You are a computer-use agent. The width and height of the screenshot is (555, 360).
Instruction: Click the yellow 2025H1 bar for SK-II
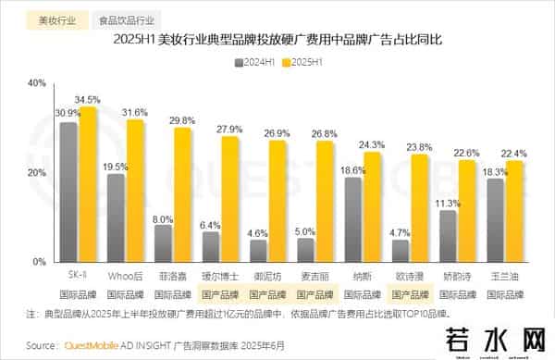88,185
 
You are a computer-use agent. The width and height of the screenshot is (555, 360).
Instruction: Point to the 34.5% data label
88,99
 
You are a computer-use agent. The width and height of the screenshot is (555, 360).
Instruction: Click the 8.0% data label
163,218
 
